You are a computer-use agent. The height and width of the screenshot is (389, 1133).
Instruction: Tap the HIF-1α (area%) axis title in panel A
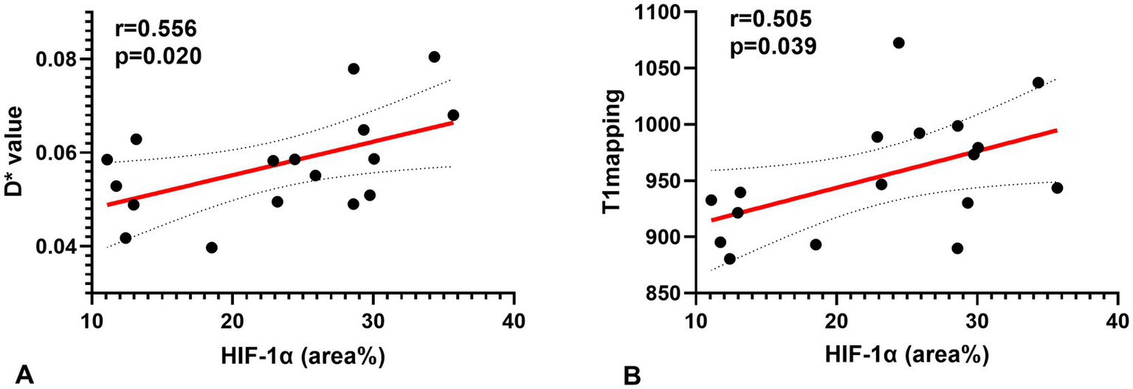coord(303,356)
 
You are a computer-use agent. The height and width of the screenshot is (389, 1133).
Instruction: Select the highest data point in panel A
coord(434,57)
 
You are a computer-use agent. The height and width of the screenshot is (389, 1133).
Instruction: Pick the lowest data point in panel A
coord(212,247)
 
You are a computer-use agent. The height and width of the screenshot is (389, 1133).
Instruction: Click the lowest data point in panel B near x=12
coord(729,259)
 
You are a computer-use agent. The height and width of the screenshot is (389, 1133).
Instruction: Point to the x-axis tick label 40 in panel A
coord(514,323)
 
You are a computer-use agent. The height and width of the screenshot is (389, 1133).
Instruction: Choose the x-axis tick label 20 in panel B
coord(836,323)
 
